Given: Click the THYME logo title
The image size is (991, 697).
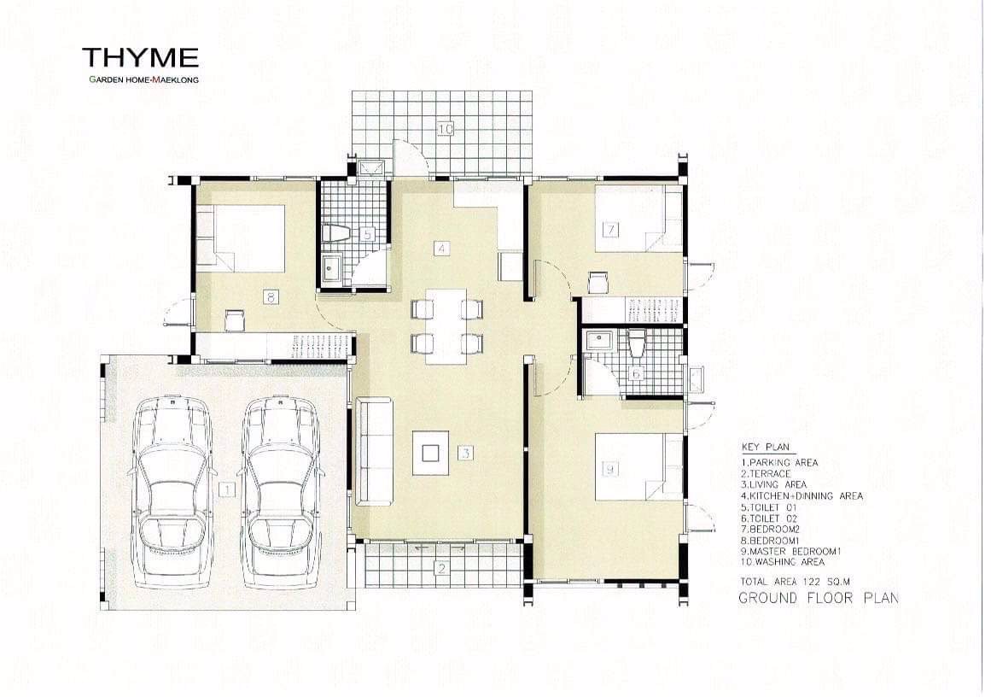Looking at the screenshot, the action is tap(140, 57).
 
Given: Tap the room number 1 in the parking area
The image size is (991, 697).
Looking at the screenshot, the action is tap(225, 489).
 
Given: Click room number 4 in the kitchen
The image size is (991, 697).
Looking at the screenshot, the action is tap(442, 249).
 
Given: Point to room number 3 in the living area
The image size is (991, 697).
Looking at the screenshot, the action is tap(465, 453).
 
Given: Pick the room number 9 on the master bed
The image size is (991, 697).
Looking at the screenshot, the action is tap(610, 469).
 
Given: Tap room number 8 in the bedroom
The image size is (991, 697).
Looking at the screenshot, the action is tap(270, 296).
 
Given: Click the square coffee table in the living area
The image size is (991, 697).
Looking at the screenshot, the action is tap(430, 453).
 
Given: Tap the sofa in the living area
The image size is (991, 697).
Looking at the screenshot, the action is tap(375, 452).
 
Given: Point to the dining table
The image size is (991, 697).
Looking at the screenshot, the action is tap(446, 326).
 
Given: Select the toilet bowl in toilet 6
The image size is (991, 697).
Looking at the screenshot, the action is tap(637, 343).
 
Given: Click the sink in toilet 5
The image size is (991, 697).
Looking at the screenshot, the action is tap(332, 270).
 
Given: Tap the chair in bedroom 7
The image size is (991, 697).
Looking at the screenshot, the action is tap(598, 282).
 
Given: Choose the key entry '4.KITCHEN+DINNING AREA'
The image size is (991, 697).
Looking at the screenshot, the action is tap(802, 496).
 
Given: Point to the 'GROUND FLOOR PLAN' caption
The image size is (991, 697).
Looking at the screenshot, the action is tap(819, 598).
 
